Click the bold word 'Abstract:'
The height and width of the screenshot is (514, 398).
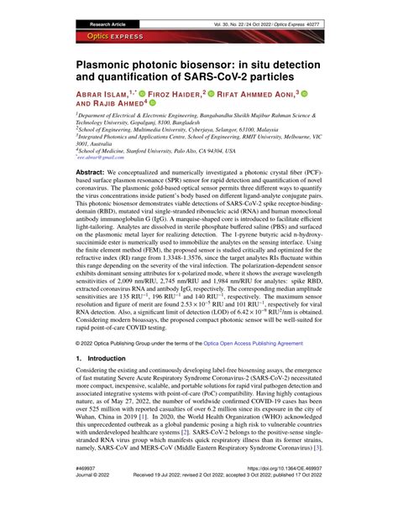click(x=92, y=191)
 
